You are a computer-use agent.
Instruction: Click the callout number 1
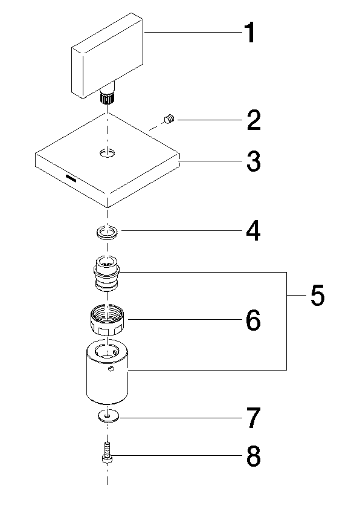pyautogui.click(x=249, y=33)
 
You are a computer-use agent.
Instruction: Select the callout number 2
pyautogui.click(x=254, y=120)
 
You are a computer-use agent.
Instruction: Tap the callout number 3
pyautogui.click(x=253, y=161)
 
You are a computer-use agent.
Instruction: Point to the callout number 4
pyautogui.click(x=253, y=230)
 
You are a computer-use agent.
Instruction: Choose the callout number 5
pyautogui.click(x=318, y=295)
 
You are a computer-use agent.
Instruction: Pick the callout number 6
pyautogui.click(x=253, y=320)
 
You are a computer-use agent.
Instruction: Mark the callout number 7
pyautogui.click(x=254, y=418)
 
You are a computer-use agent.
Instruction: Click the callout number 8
pyautogui.click(x=253, y=456)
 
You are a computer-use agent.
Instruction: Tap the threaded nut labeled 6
pyautogui.click(x=108, y=320)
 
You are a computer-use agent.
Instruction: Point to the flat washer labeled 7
pyautogui.click(x=108, y=416)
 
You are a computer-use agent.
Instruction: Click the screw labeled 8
pyautogui.click(x=107, y=453)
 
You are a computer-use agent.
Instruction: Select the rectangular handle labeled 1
pyautogui.click(x=108, y=55)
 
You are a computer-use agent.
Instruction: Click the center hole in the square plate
pyautogui.click(x=107, y=152)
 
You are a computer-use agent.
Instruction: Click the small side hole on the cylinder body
pyautogui.click(x=111, y=369)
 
